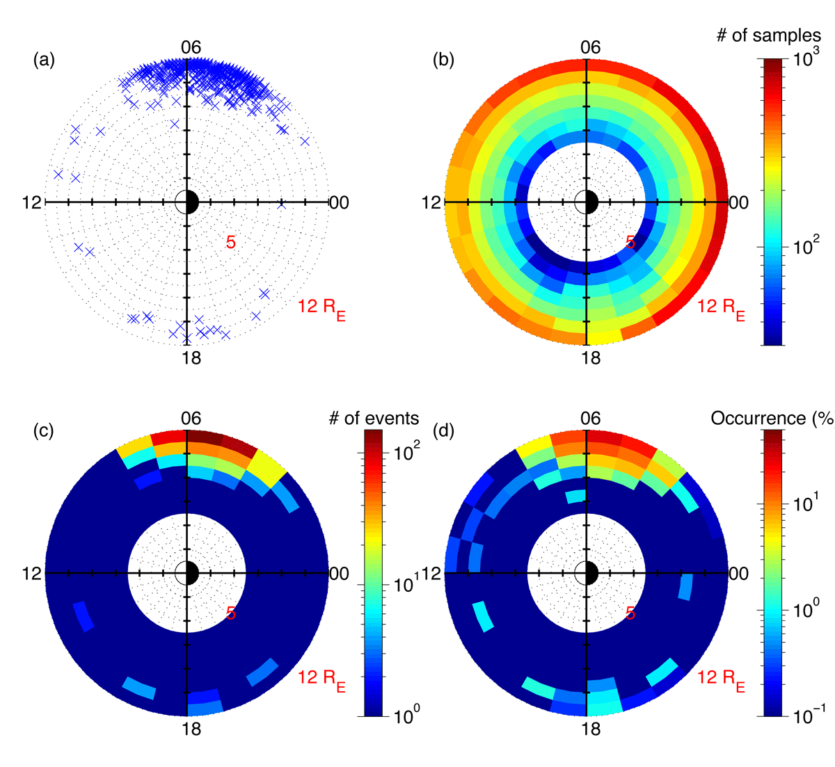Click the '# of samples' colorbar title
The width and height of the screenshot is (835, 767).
tap(768, 35)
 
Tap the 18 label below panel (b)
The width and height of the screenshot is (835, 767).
tap(591, 358)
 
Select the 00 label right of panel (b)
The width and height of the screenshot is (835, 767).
tap(739, 203)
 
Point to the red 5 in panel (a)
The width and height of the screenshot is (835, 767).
tap(230, 242)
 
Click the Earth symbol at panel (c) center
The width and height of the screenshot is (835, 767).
tap(187, 573)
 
